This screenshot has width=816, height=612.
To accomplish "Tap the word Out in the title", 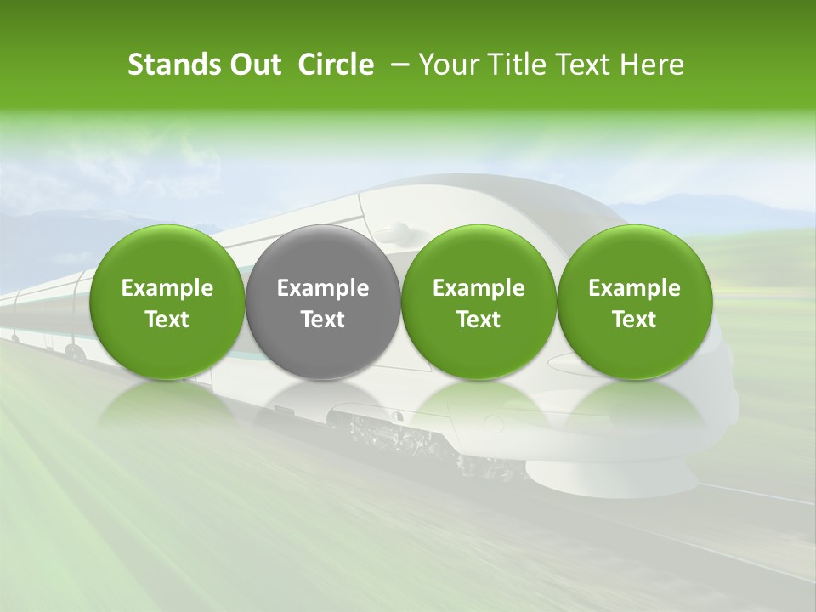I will [x=252, y=65].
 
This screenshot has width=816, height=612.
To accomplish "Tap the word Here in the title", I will [x=653, y=65].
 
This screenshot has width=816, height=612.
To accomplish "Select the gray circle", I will [x=323, y=302].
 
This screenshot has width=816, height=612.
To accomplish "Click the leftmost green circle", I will [x=167, y=302].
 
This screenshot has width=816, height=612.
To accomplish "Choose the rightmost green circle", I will [x=634, y=302].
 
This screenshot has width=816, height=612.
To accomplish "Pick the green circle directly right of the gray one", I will [x=479, y=302].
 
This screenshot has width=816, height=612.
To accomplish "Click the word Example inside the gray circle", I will [x=323, y=288].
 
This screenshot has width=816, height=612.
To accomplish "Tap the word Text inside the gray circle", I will [x=323, y=320].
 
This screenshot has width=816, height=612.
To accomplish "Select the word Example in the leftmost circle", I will [x=167, y=288].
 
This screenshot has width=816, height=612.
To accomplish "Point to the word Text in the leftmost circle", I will [x=167, y=320].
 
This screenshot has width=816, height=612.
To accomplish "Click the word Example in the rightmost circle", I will [x=634, y=288].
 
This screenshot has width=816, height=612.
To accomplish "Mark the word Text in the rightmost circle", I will [x=634, y=320].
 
